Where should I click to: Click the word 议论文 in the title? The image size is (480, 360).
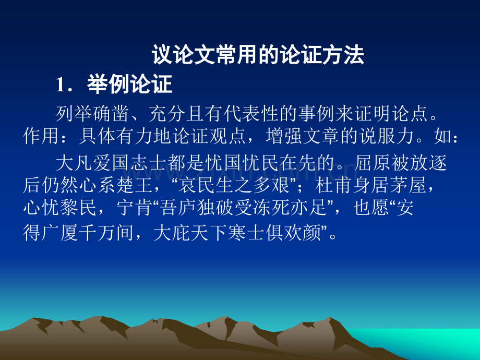click(183, 55)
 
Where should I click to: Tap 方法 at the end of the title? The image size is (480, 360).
click(343, 55)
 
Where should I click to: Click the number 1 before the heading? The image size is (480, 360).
click(60, 85)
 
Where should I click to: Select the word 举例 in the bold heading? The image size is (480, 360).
click(109, 84)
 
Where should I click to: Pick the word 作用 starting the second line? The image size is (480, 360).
click(41, 136)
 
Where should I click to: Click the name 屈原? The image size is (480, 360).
click(373, 163)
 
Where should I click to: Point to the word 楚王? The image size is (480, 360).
click(135, 186)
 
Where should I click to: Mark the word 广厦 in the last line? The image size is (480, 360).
click(60, 233)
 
